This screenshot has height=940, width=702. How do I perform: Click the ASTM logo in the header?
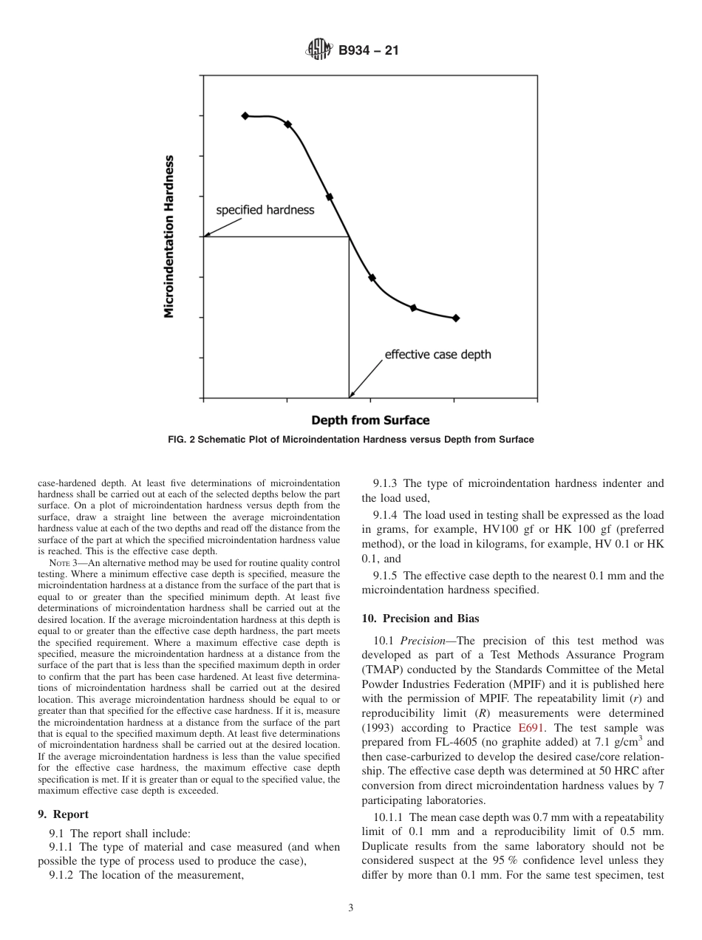point(317,51)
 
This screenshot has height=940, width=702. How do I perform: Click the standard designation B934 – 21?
point(368,51)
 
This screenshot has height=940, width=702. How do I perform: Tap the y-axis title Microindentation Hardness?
point(169,236)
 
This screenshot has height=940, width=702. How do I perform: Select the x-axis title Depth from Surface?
point(369,420)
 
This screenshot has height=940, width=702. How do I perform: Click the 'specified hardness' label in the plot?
point(265,210)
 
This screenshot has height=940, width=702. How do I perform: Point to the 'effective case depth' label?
point(437,355)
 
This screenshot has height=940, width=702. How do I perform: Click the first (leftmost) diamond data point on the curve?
point(245,116)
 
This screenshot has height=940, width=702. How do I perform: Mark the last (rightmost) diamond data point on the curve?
point(456,319)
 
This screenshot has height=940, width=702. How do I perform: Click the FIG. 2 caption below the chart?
point(350,440)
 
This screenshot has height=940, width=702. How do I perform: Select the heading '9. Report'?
point(64,814)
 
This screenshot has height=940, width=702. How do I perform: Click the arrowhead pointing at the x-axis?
point(352,395)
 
